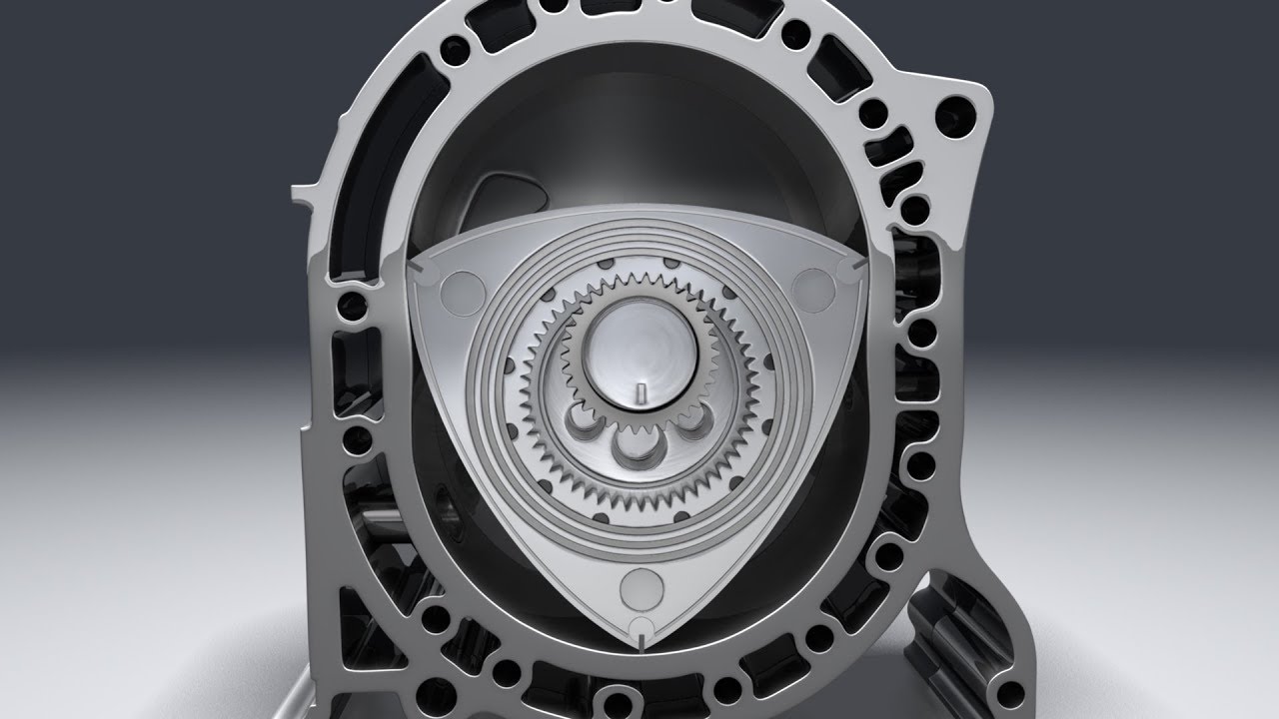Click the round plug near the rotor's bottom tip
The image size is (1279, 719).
pyautogui.click(x=636, y=587)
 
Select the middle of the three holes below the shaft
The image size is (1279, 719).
pyautogui.click(x=636, y=446)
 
